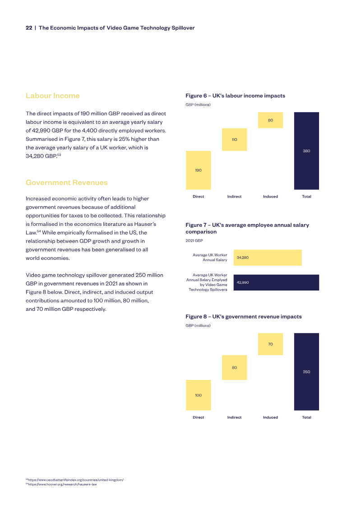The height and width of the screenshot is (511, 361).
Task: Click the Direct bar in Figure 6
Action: tap(198, 170)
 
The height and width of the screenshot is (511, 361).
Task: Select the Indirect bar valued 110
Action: tap(234, 140)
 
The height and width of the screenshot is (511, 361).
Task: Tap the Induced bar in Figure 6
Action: tap(270, 120)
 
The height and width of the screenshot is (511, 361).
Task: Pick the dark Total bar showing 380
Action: tap(307, 151)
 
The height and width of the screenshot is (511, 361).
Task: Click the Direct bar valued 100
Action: tap(198, 395)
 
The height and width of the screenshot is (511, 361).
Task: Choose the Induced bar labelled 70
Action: tap(270, 344)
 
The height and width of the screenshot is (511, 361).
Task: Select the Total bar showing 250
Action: tap(307, 372)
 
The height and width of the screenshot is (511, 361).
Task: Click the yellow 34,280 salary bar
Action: tap(268, 258)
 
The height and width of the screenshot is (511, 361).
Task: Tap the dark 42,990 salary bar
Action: tap(276, 282)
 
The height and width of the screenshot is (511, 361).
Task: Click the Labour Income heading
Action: tap(53, 96)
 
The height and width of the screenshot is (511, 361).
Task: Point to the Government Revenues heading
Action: tap(67, 183)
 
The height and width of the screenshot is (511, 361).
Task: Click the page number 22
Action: tap(29, 28)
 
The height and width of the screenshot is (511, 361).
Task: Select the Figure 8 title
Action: tap(244, 316)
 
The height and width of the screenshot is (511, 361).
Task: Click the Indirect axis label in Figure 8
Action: tap(234, 417)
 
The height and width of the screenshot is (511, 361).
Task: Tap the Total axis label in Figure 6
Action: tap(307, 197)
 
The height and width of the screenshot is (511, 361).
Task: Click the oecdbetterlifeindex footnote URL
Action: tap(74, 480)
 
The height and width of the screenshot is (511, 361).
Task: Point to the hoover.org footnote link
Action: tap(61, 484)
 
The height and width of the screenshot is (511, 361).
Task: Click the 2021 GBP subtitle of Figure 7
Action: tap(194, 240)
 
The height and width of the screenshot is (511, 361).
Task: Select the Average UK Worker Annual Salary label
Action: tap(210, 258)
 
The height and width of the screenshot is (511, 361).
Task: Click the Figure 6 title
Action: tap(236, 96)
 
